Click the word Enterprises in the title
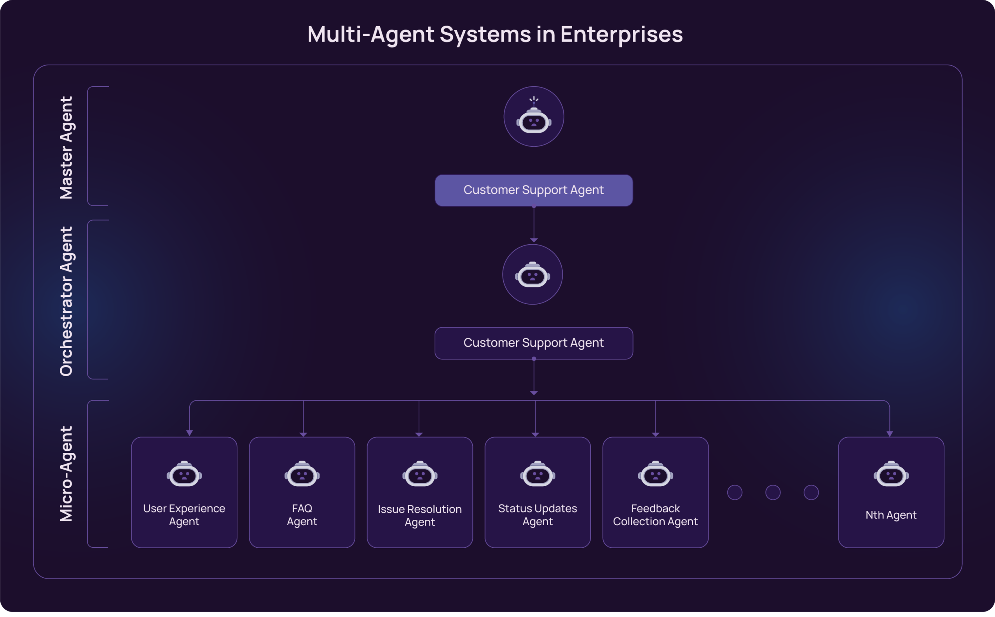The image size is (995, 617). [x=621, y=34]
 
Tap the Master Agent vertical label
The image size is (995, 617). [x=66, y=148]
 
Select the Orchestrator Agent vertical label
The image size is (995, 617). [x=66, y=301]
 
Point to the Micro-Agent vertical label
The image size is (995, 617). [x=66, y=474]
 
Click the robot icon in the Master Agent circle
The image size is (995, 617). [x=534, y=120]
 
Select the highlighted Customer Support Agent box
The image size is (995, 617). [x=534, y=190]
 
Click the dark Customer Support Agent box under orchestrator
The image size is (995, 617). [x=534, y=343]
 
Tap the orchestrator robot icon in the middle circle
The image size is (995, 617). [x=532, y=275]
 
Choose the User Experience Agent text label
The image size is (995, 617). [x=184, y=515]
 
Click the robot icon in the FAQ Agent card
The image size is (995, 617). [x=302, y=474]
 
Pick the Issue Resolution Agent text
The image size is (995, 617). [x=419, y=515]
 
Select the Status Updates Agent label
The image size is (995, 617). [x=537, y=515]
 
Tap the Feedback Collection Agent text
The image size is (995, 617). [x=655, y=515]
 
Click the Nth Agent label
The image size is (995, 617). [x=891, y=515]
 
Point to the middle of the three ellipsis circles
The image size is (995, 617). [x=772, y=492]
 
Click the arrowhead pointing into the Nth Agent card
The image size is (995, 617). [x=889, y=434]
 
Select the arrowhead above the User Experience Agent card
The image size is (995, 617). [x=189, y=433]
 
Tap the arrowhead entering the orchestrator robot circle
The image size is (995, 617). [x=534, y=240]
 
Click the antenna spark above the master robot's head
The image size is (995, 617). [x=534, y=99]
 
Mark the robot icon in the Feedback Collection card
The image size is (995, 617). [x=655, y=474]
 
